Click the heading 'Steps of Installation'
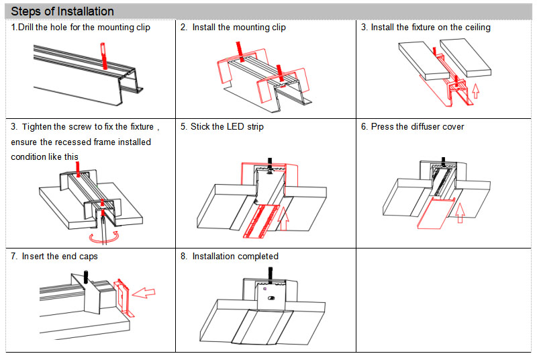click(62, 11)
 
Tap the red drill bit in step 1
click(104, 56)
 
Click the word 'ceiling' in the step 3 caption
click(474, 28)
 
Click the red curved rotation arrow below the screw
click(106, 236)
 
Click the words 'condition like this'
click(45, 156)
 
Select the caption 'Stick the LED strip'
click(227, 127)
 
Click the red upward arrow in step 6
click(460, 211)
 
